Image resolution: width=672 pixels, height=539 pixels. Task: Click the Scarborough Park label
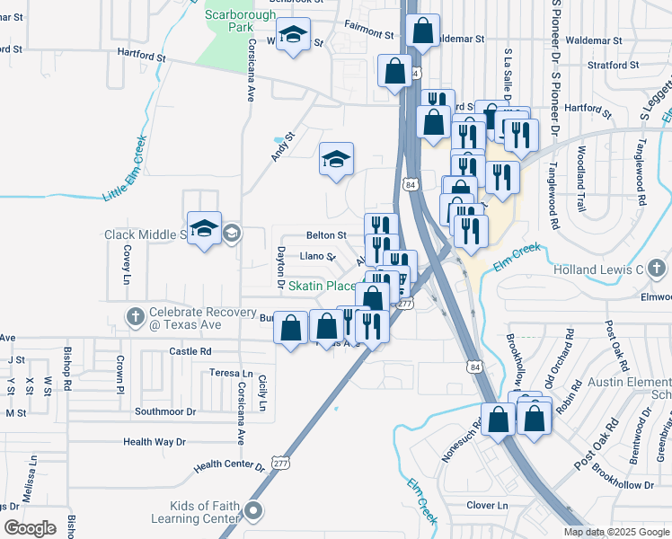tap(241, 21)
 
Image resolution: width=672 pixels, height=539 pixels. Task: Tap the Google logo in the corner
tap(31, 528)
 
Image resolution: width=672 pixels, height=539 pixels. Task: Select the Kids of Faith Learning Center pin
tap(253, 513)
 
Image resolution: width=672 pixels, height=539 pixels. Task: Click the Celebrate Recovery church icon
tap(136, 316)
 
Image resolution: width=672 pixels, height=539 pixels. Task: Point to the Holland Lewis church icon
tap(657, 268)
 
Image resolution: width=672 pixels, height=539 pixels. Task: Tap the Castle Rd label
tap(193, 351)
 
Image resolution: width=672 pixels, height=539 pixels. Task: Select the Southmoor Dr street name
tap(164, 411)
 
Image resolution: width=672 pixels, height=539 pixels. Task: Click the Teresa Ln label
tap(232, 373)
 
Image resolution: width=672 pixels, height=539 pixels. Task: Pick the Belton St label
tap(326, 235)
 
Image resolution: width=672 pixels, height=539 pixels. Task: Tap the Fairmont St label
tap(371, 34)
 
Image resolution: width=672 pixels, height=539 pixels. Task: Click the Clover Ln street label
tap(487, 506)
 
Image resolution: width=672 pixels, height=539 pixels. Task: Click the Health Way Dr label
tap(154, 442)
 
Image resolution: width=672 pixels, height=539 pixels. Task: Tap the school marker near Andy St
tap(337, 159)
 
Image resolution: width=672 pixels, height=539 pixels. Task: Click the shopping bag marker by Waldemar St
tap(422, 31)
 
